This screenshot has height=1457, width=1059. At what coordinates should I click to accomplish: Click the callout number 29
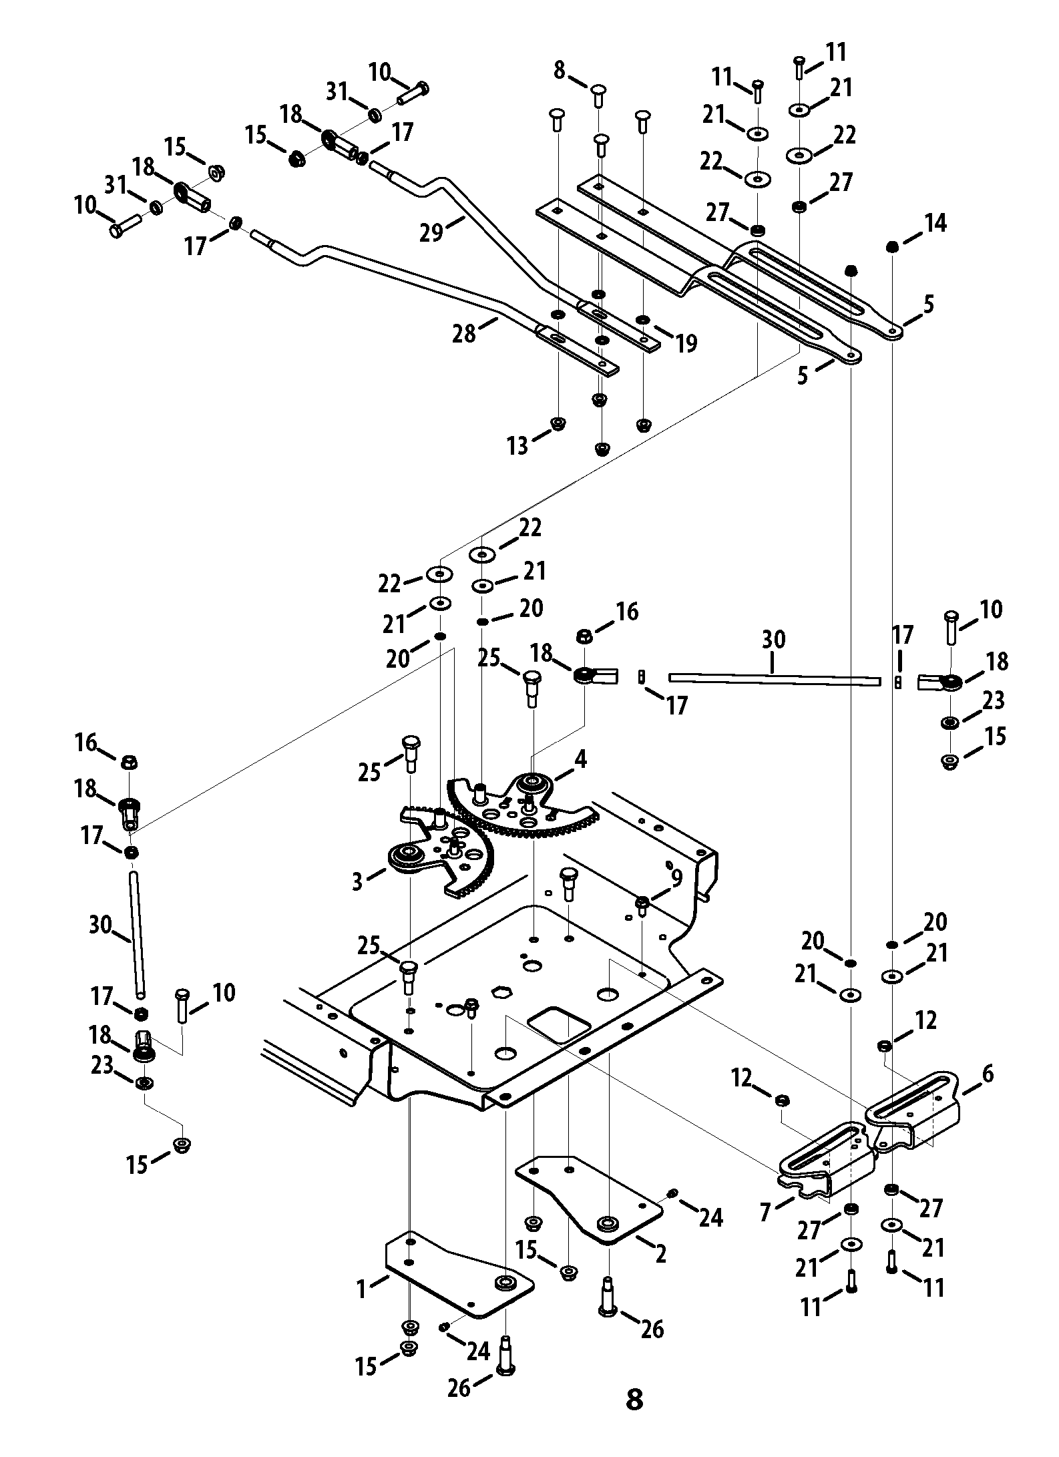pyautogui.click(x=431, y=233)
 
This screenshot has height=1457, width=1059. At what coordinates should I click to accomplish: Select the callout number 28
pyautogui.click(x=464, y=333)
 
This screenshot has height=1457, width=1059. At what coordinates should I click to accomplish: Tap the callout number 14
pyautogui.click(x=935, y=224)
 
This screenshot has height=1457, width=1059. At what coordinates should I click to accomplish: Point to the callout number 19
pyautogui.click(x=686, y=343)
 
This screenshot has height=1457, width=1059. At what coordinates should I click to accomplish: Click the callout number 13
pyautogui.click(x=517, y=445)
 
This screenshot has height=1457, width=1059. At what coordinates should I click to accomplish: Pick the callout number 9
pyautogui.click(x=676, y=879)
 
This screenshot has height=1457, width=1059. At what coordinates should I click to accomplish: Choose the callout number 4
pyautogui.click(x=581, y=759)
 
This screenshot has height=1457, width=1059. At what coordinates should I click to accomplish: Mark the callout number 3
pyautogui.click(x=357, y=881)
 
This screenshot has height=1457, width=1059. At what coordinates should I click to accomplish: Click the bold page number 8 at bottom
pyautogui.click(x=634, y=1398)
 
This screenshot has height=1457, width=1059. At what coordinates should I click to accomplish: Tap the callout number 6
pyautogui.click(x=988, y=1073)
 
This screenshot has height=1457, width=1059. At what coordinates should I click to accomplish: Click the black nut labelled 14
pyautogui.click(x=892, y=248)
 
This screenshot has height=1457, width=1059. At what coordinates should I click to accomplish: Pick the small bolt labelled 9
pyautogui.click(x=641, y=905)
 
